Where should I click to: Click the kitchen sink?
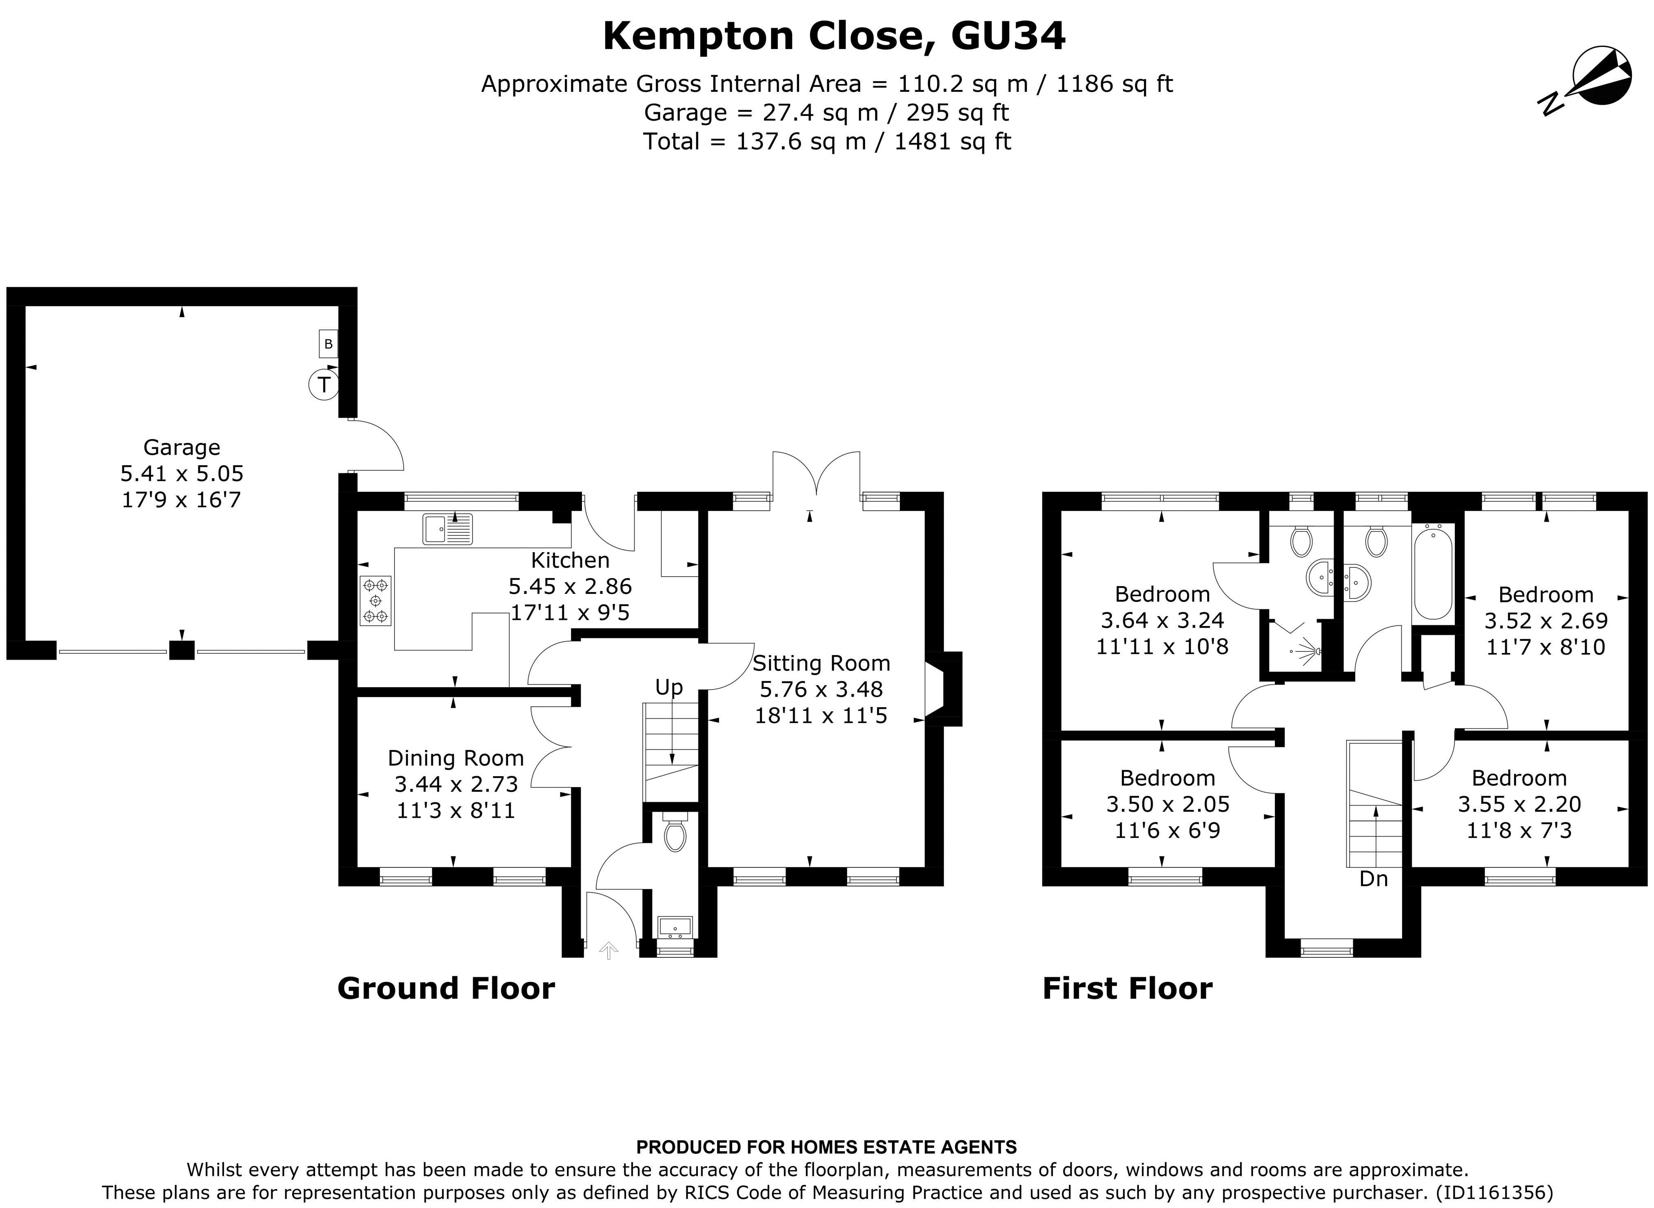[448, 529]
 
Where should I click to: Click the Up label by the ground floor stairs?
[668, 687]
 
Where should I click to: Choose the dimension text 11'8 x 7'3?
[1519, 830]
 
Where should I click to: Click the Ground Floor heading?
[446, 988]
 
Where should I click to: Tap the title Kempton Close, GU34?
[834, 37]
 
